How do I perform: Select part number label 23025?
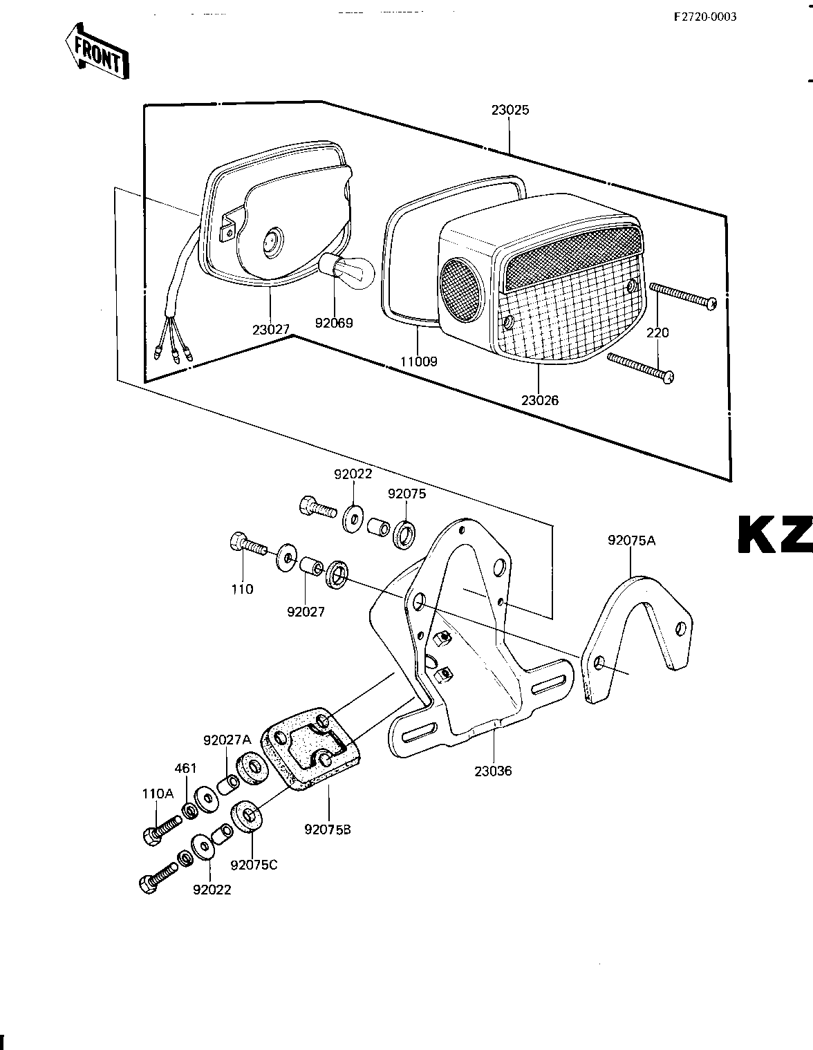[510, 110]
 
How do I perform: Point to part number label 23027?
[270, 330]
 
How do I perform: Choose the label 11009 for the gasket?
[418, 361]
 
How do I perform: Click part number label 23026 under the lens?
[540, 400]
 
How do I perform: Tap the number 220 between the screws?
[657, 333]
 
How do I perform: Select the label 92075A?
[631, 541]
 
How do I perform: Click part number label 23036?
[494, 770]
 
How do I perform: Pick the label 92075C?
[254, 864]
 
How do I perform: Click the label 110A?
[158, 794]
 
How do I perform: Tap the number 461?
[185, 768]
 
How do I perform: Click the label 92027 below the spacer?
[305, 611]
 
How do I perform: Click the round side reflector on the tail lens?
[460, 288]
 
